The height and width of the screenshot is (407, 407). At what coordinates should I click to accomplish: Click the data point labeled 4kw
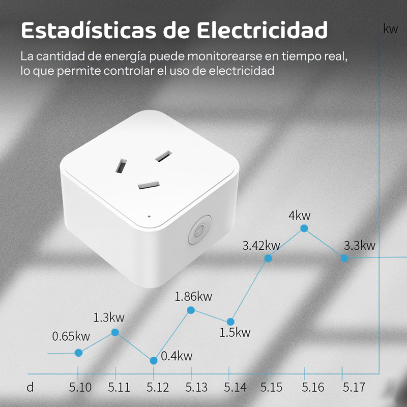tap(304, 228)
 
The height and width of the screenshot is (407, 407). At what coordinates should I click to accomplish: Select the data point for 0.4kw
tap(154, 360)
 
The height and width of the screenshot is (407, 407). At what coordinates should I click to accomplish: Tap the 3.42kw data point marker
tap(268, 258)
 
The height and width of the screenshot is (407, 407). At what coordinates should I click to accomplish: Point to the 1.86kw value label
tap(193, 296)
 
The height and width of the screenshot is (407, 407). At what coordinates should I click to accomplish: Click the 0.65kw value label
tap(71, 336)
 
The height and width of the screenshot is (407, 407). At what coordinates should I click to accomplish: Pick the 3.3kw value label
tap(359, 246)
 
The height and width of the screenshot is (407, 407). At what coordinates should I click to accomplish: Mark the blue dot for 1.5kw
tap(230, 322)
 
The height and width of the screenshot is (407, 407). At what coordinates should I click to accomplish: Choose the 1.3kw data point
tap(115, 332)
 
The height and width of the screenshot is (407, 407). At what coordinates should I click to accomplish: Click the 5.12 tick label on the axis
tap(158, 388)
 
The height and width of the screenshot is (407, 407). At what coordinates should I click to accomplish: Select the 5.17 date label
tap(353, 388)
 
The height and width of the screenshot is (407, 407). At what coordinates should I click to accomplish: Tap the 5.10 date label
tap(80, 388)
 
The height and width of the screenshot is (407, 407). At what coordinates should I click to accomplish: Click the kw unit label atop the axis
tap(390, 29)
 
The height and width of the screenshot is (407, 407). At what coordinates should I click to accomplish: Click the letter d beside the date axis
tap(30, 388)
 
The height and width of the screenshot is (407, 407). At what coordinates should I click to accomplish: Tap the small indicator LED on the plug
tap(149, 215)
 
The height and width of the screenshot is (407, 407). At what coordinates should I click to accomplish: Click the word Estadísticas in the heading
tap(88, 31)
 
